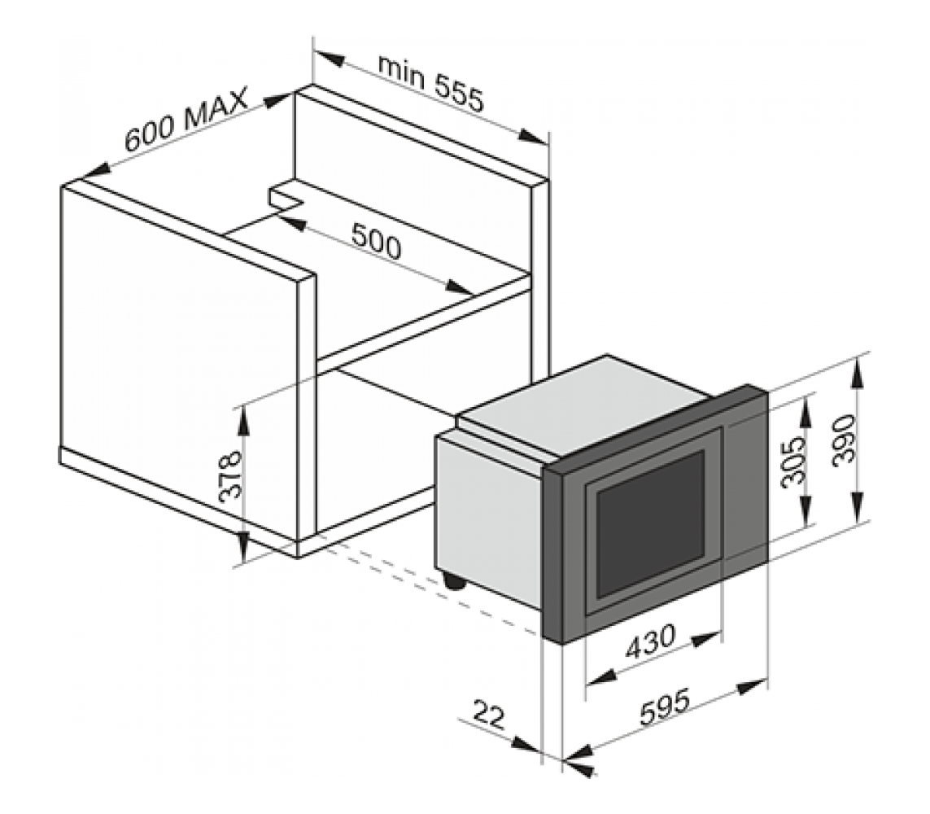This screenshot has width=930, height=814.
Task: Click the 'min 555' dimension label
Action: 431,84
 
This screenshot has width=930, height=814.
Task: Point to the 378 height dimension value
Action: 231,476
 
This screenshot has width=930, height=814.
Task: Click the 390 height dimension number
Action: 845,440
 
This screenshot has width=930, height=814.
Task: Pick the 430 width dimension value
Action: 650,642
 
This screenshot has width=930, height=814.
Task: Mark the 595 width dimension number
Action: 665,707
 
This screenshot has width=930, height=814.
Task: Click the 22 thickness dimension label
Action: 489,715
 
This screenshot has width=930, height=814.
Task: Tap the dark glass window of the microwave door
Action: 651,524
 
